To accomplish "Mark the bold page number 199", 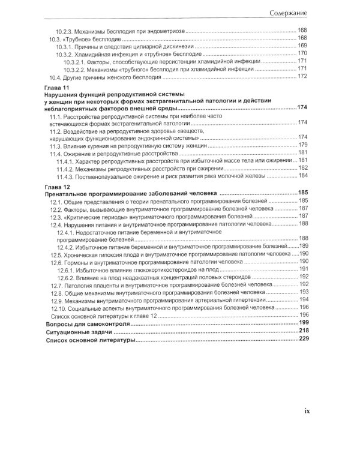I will click(302, 323).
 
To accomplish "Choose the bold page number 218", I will click(302, 331).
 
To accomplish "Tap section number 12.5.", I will click(56, 254).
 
